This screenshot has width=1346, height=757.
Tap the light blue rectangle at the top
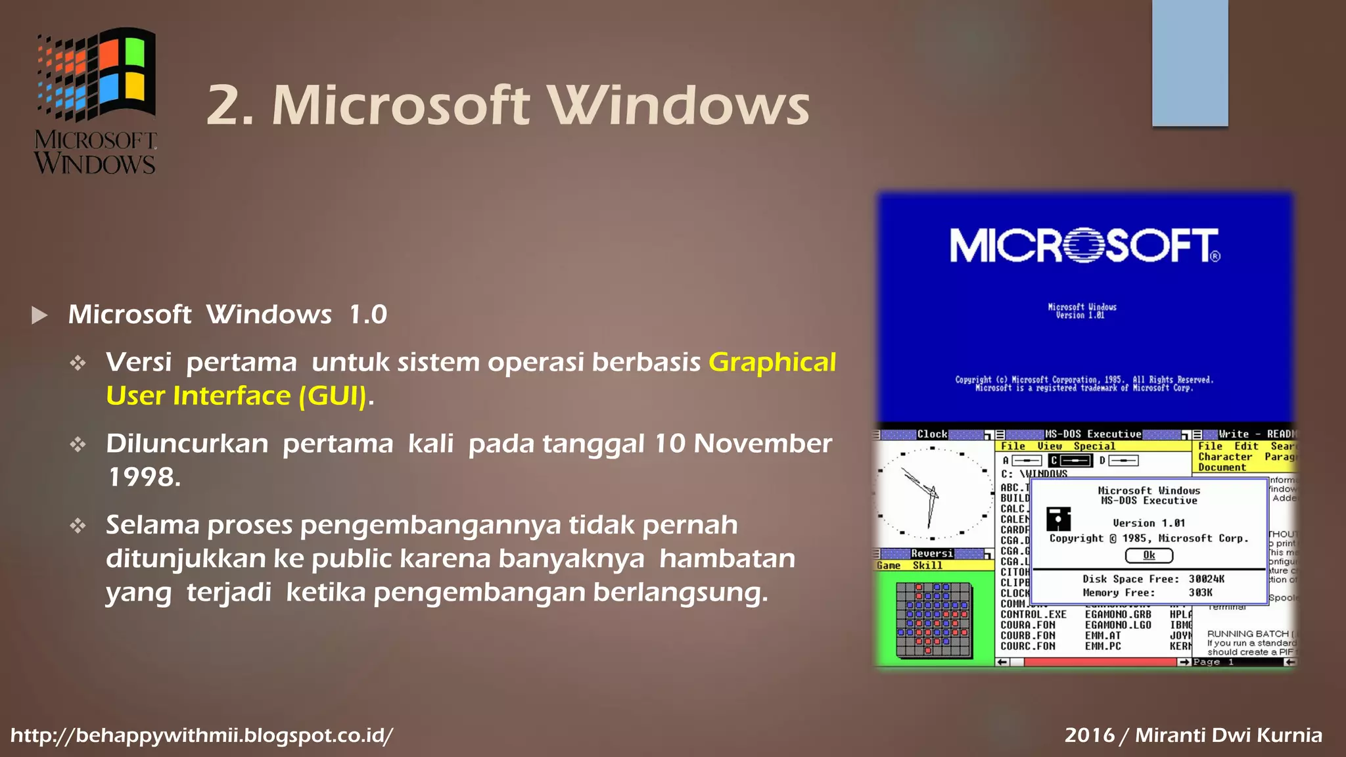[1190, 62]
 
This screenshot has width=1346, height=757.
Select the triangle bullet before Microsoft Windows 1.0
[39, 315]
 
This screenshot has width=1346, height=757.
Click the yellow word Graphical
[772, 362]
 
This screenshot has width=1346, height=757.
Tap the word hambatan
[727, 559]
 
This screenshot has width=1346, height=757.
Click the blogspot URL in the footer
[202, 735]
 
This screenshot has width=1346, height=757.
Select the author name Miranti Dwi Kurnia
[1228, 735]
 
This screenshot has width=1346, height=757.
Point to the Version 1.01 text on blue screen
[1080, 315]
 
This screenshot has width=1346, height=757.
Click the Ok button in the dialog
[1149, 555]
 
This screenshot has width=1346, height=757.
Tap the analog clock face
[932, 493]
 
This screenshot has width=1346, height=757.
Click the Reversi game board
[933, 619]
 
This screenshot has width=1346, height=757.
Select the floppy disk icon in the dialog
[1058, 519]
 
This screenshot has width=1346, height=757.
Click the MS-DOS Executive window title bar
[1092, 434]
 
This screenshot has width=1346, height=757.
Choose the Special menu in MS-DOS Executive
[1094, 446]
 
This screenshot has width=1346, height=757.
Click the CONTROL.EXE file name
[1033, 614]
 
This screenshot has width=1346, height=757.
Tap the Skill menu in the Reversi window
[927, 565]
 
